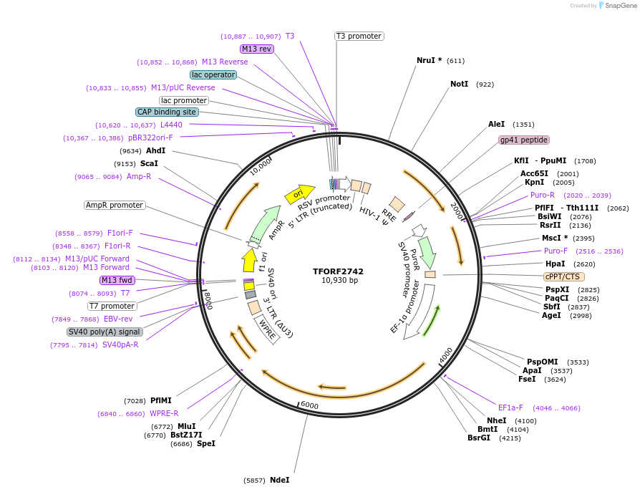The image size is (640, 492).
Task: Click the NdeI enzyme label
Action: pos(280,480)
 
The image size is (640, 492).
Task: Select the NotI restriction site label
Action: pos(459,84)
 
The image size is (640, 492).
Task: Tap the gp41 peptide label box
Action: pos(524,140)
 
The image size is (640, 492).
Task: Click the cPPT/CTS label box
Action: pos(564,276)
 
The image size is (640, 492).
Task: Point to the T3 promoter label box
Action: pos(359,36)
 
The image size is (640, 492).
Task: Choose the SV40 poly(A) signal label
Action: pos(105,332)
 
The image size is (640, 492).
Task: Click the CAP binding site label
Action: pos(167,112)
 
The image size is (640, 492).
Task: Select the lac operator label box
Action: pos(213,74)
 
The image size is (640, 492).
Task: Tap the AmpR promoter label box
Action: pos(115,205)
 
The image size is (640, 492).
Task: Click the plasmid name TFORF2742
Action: pos(338,271)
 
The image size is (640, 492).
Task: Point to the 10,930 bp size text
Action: pos(339,280)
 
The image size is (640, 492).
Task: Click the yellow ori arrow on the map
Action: pos(300,193)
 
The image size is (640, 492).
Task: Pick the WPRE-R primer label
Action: pos(164,413)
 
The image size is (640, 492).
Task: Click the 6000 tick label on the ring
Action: pos(309,405)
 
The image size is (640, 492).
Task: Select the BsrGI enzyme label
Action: pos(479,438)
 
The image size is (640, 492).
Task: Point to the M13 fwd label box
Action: pos(117,280)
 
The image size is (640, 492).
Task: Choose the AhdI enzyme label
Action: pos(155,150)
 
